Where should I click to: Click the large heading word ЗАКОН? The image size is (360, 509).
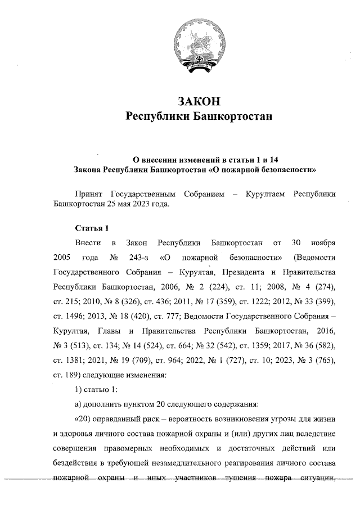tap(197, 102)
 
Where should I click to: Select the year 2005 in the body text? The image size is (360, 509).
tap(62, 258)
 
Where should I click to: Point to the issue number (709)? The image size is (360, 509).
tap(151, 360)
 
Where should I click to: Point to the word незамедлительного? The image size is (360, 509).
tap(190, 462)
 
